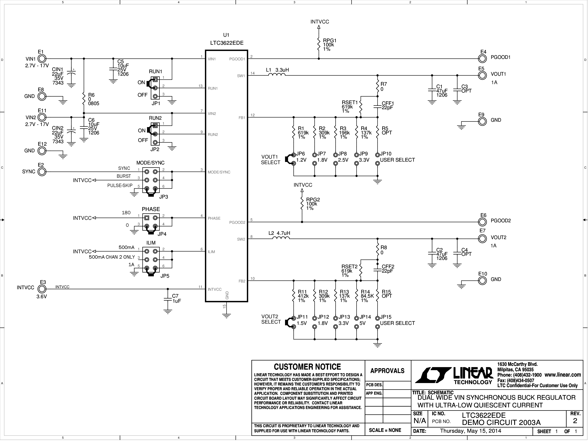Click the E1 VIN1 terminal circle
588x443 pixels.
coord(42,59)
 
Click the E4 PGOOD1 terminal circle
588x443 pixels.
coord(482,59)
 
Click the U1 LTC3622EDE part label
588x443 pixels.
coord(226,39)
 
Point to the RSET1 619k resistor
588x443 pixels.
coord(361,106)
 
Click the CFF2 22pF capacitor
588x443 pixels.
coord(378,270)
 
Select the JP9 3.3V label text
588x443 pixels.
coord(364,157)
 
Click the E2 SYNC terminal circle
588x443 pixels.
coord(42,172)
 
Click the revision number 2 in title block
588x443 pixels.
coord(575,421)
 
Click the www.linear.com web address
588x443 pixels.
coord(563,375)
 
